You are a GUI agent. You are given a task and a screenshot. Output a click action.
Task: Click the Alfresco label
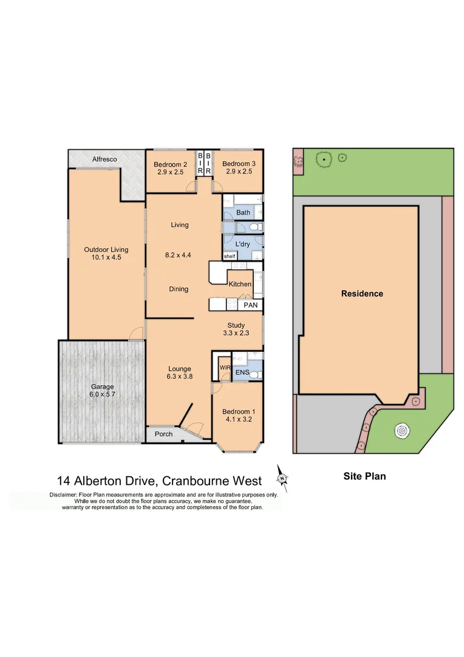(x=104, y=159)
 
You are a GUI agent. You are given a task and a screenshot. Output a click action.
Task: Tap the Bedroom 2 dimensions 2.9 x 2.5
(x=170, y=172)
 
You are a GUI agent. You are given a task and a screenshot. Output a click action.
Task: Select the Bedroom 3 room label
(x=238, y=164)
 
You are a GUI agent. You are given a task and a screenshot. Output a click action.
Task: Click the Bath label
(x=243, y=212)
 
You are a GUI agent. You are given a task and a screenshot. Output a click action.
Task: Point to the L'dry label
(x=242, y=245)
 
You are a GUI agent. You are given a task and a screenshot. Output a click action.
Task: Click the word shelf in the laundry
(x=229, y=257)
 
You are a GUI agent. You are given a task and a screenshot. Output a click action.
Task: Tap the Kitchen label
(x=240, y=284)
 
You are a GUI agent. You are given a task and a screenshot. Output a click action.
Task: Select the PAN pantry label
(x=250, y=304)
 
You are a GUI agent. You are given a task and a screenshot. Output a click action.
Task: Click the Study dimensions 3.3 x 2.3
(x=236, y=333)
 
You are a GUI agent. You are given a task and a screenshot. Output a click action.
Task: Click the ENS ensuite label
(x=243, y=371)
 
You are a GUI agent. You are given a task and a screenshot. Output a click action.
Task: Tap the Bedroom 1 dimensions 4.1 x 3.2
(x=237, y=401)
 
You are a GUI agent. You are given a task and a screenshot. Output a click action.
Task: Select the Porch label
(x=164, y=434)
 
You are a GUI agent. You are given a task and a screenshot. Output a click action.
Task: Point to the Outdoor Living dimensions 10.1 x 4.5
(x=106, y=257)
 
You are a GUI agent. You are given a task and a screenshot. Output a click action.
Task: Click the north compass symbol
(x=282, y=474)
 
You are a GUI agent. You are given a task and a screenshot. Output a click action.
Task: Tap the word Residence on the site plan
(x=362, y=293)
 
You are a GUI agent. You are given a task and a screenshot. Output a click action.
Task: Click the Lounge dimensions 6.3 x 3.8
(x=179, y=377)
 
